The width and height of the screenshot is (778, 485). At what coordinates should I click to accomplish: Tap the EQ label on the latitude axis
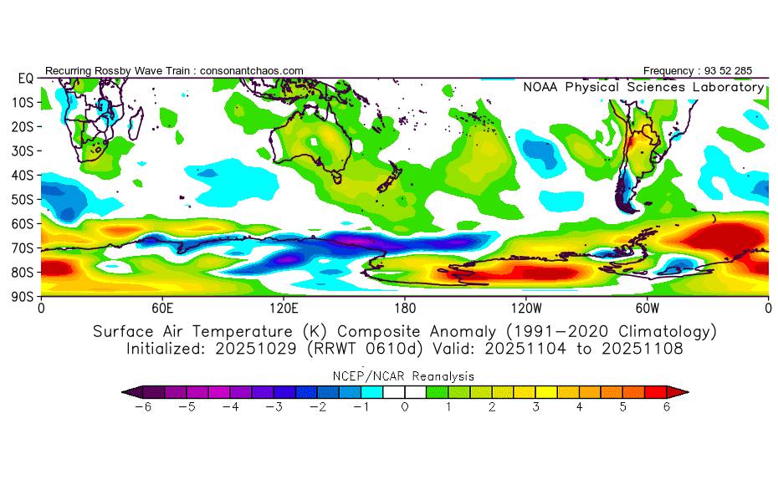25,78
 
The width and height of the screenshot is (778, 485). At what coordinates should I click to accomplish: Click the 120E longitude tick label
283,307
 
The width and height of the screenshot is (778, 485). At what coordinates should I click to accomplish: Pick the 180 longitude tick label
405,307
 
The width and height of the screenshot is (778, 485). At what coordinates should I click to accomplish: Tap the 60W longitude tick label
647,307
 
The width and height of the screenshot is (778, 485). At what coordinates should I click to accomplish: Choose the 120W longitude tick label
525,307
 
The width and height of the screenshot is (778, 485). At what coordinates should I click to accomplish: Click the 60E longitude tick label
162,307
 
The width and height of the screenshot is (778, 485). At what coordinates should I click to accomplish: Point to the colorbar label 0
405,406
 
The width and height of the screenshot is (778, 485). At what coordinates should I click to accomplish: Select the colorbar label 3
535,406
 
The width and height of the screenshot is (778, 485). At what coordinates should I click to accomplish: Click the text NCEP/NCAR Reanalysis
405,376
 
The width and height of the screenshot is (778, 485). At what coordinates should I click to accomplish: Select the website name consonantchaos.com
251,70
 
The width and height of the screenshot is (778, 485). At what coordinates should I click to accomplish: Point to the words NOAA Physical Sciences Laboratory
642,87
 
